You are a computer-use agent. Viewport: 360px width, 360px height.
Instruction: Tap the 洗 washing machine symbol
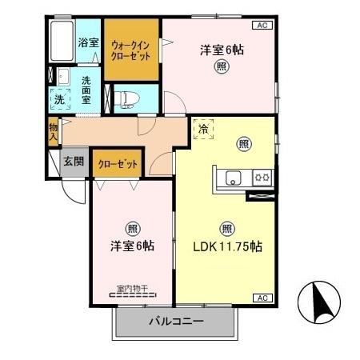(x=60, y=100)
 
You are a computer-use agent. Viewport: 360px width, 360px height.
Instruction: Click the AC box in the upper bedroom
(x=261, y=26)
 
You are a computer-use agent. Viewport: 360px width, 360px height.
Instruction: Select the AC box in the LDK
(x=261, y=298)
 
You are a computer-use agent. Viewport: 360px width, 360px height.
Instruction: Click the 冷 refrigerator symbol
(x=203, y=129)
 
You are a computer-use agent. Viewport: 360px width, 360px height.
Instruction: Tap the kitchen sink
(x=233, y=178)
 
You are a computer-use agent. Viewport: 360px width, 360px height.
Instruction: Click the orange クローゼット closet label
(x=118, y=164)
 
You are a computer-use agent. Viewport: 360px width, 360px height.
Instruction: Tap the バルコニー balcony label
(x=176, y=322)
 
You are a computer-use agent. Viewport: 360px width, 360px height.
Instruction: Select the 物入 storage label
(x=52, y=131)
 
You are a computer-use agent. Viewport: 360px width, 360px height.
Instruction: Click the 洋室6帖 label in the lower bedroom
(x=131, y=246)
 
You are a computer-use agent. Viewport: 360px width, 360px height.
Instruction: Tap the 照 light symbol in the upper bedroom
(x=220, y=68)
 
